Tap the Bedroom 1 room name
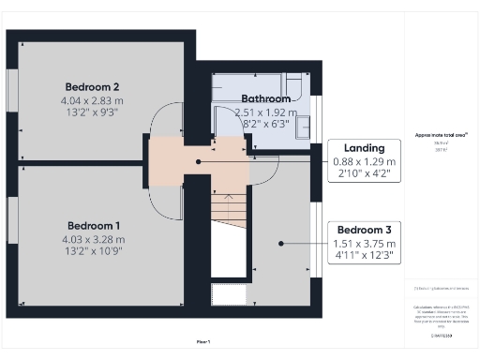tap(93, 225)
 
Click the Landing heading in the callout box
tap(364, 146)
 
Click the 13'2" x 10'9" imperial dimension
tap(92, 252)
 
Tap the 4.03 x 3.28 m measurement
tap(92, 239)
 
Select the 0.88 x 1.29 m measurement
tap(365, 160)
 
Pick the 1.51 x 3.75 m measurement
tap(365, 243)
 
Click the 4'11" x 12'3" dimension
tap(365, 255)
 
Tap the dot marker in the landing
tap(198, 161)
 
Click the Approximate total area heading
tap(442, 135)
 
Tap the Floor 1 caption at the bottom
tap(202, 341)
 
